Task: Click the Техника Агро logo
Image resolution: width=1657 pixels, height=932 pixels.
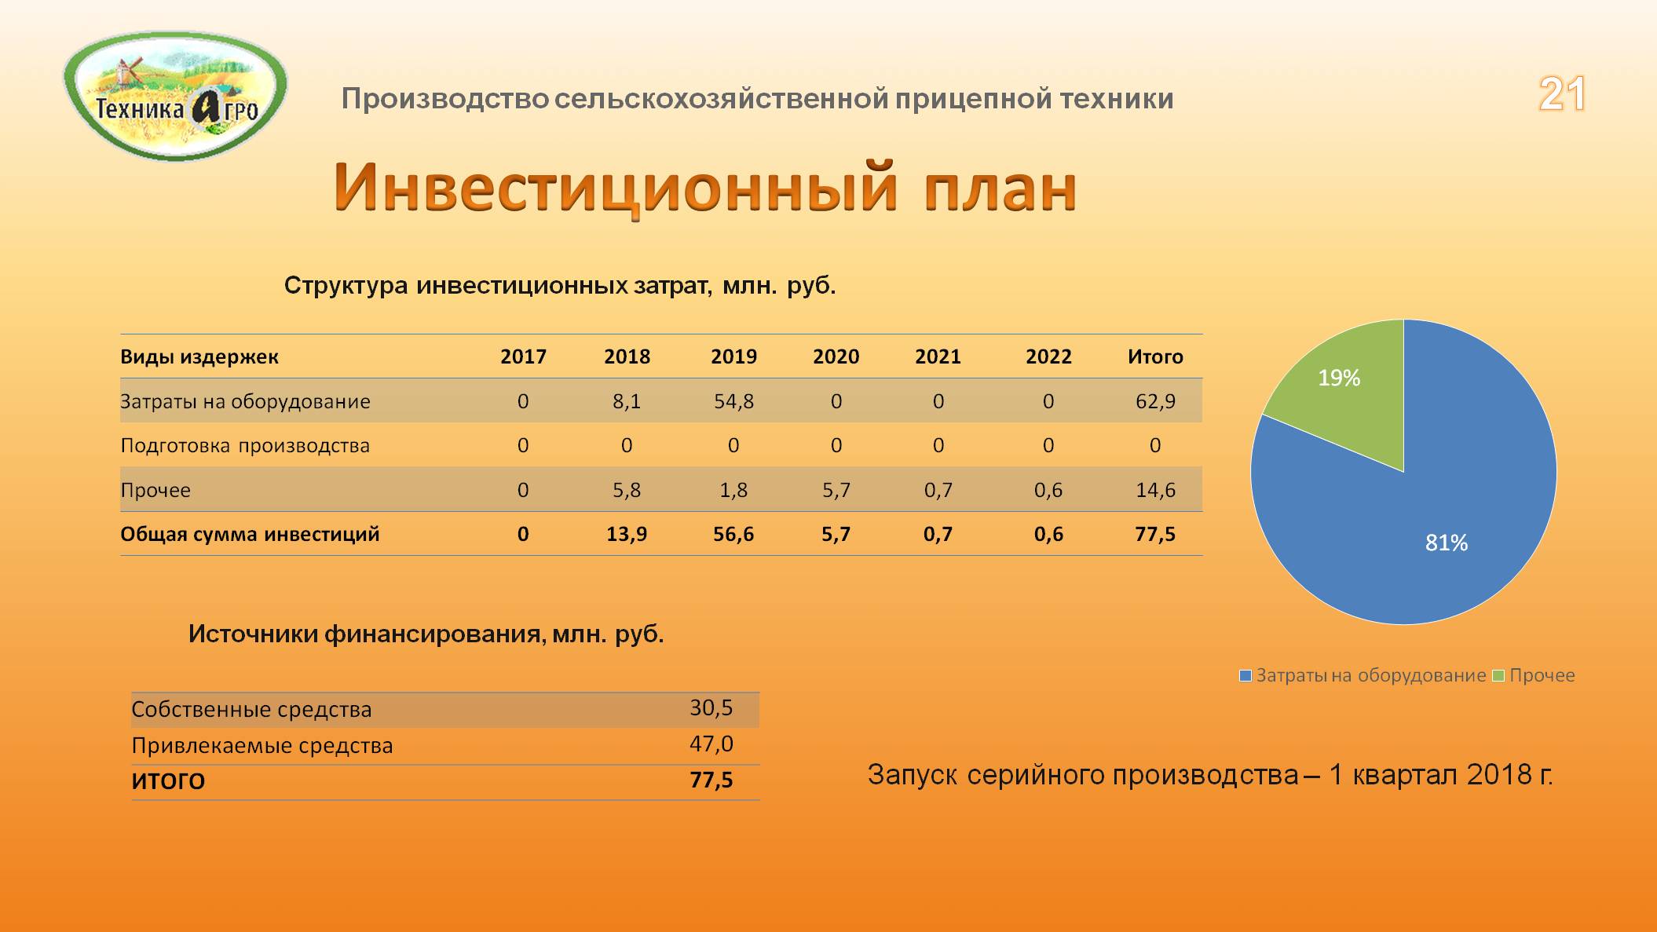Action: [175, 97]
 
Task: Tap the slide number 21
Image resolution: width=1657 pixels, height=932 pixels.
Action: [1562, 94]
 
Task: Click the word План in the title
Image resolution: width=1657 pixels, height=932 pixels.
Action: [1000, 188]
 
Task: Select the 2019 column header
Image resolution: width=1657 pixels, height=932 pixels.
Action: [733, 356]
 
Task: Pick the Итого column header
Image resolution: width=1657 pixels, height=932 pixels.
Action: [1155, 356]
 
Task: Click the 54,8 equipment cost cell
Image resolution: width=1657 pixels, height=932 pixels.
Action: [733, 401]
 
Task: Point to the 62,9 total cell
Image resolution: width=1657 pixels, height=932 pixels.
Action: [1155, 401]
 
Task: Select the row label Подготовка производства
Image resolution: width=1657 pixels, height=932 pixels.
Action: [245, 446]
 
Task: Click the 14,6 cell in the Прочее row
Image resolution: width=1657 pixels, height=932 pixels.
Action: [1155, 490]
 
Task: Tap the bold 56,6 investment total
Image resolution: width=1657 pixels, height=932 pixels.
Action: [733, 534]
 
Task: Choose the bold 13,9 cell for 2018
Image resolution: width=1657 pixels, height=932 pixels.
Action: [627, 534]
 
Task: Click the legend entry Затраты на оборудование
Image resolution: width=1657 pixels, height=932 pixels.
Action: [1363, 675]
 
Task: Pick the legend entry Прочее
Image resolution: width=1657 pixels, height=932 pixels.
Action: [1534, 675]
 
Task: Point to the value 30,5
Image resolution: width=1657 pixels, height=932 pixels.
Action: [711, 708]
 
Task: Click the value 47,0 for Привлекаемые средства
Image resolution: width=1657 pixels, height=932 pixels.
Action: [711, 744]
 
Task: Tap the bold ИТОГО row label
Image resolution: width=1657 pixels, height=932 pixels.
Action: [168, 781]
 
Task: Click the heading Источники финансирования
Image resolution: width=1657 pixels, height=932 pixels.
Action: [367, 634]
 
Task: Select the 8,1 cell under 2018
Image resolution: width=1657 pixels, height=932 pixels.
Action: [627, 401]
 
